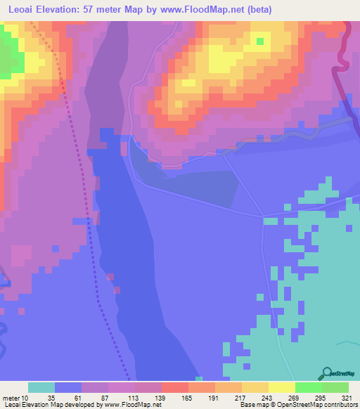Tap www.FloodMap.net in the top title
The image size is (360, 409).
(x=205, y=9)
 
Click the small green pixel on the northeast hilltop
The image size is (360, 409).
(x=260, y=41)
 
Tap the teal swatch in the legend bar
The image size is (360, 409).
(x=41, y=387)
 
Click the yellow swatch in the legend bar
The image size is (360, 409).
(x=282, y=387)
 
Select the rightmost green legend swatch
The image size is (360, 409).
(x=335, y=387)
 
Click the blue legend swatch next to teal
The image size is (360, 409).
(x=68, y=387)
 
